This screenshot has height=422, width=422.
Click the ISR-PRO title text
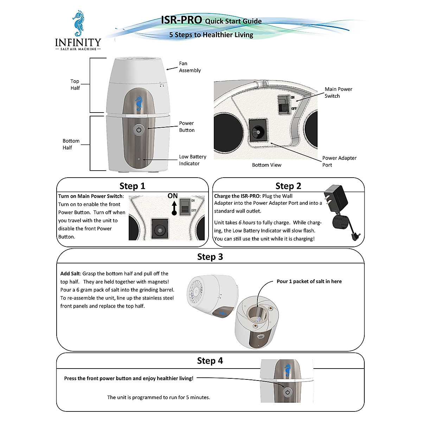tap(181, 20)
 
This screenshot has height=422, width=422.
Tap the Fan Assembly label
tap(190, 67)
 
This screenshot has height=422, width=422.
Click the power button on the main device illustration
tap(139, 130)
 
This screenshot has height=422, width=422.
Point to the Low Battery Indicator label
tap(192, 160)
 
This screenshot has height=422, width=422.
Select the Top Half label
tap(75, 84)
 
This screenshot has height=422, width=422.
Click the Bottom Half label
tap(71, 144)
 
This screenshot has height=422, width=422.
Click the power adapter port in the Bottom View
tap(258, 133)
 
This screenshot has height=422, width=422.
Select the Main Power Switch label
tap(338, 92)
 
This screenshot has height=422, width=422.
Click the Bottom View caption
tap(267, 165)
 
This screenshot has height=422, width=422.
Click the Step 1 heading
tap(132, 186)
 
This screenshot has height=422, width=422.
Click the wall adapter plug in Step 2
tap(336, 200)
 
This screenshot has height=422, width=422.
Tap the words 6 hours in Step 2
tap(247, 223)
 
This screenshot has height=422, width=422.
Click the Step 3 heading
tap(210, 257)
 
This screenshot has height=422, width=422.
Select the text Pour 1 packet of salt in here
tap(309, 281)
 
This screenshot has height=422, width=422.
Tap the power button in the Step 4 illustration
tap(288, 392)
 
